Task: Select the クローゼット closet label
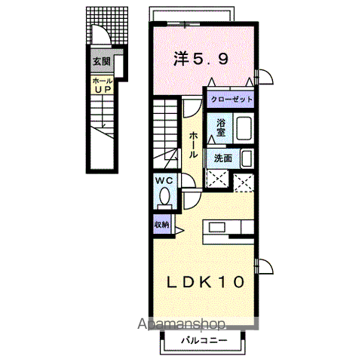230,100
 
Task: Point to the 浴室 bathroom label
222,127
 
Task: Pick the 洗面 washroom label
222,158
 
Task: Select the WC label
164,181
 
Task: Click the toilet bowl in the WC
164,198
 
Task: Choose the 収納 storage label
162,225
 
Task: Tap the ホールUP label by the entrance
101,84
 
